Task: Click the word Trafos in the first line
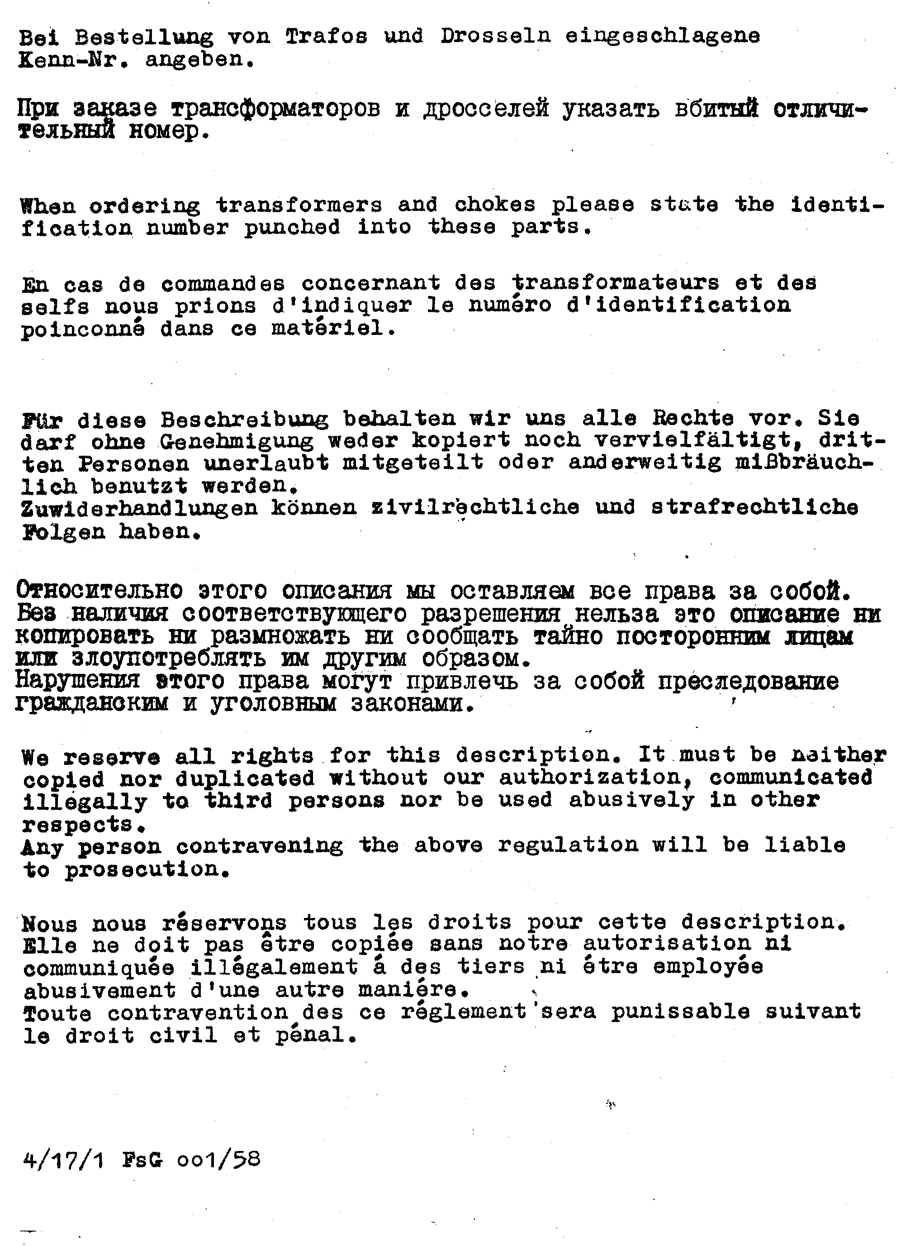pyautogui.click(x=326, y=36)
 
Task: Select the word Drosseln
pyautogui.click(x=495, y=36)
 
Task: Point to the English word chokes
pyautogui.click(x=495, y=205)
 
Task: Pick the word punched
pyautogui.click(x=292, y=227)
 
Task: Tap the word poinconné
pyautogui.click(x=83, y=329)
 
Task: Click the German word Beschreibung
pyautogui.click(x=244, y=420)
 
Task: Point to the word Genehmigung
pyautogui.click(x=237, y=442)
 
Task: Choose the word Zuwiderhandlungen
pyautogui.click(x=139, y=508)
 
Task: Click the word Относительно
pyautogui.click(x=100, y=591)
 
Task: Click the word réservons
pyautogui.click(x=224, y=922)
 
